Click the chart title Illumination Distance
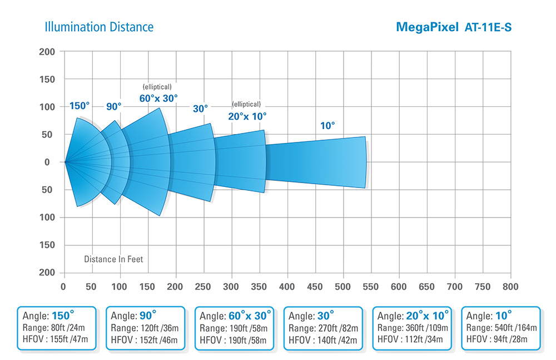click(99, 27)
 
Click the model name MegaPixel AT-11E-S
click(453, 27)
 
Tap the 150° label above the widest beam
click(80, 106)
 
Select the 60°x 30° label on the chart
click(158, 98)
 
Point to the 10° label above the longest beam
click(327, 126)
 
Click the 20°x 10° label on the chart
click(247, 116)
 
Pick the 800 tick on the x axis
click(510, 287)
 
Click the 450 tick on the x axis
click(315, 287)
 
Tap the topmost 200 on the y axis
click(47, 52)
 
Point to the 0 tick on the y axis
click(47, 162)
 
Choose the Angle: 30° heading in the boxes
click(311, 316)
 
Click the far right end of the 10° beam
click(365, 162)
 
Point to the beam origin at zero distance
click(65, 162)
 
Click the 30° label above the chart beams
click(200, 109)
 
